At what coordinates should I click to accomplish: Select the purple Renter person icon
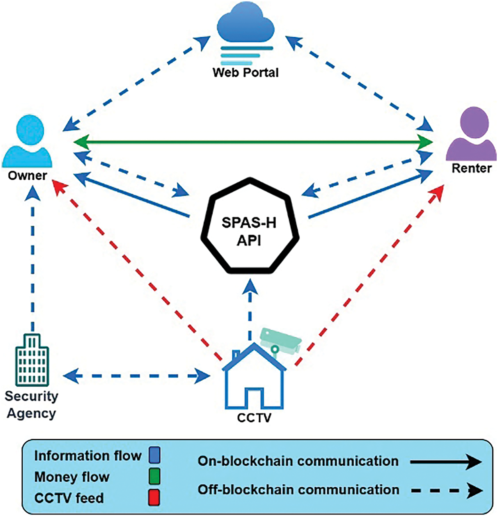pyautogui.click(x=471, y=135)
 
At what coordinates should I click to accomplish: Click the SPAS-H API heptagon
pyautogui.click(x=250, y=226)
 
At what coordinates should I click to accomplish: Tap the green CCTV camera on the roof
pyautogui.click(x=280, y=341)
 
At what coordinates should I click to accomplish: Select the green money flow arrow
pyautogui.click(x=253, y=142)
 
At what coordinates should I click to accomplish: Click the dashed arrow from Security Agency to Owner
pyautogui.click(x=33, y=259)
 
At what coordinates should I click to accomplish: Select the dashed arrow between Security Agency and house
pyautogui.click(x=137, y=376)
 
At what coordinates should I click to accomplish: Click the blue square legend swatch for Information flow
pyautogui.click(x=155, y=455)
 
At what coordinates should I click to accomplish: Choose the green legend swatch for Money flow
pyautogui.click(x=155, y=476)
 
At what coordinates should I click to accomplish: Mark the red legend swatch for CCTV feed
pyautogui.click(x=155, y=498)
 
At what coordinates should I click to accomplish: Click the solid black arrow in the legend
pyautogui.click(x=445, y=462)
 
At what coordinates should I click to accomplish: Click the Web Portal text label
pyautogui.click(x=245, y=73)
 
